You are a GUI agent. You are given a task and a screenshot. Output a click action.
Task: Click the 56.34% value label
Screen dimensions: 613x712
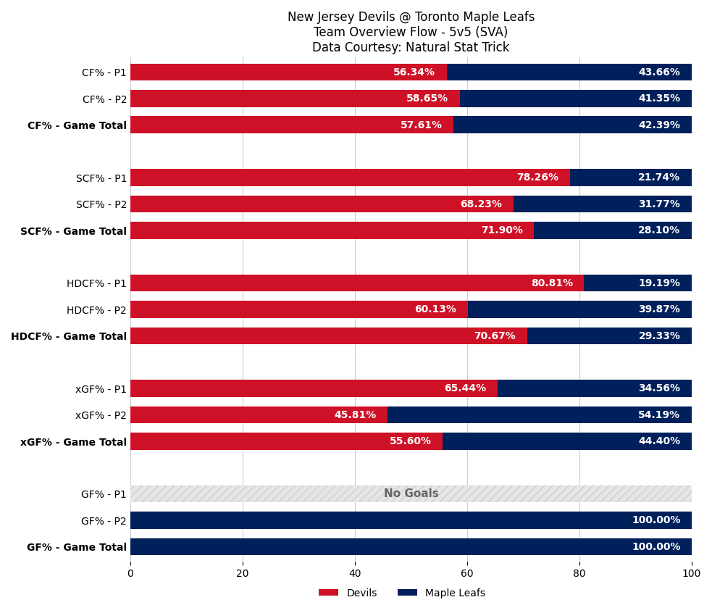(x=414, y=72)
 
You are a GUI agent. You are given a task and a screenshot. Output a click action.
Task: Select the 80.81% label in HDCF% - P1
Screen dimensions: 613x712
(x=552, y=283)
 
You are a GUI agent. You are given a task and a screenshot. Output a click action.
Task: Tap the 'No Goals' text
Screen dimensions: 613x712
(x=411, y=494)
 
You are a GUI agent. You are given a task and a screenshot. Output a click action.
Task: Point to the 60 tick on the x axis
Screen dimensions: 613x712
(x=467, y=574)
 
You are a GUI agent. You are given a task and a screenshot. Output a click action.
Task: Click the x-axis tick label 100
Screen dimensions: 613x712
(x=691, y=574)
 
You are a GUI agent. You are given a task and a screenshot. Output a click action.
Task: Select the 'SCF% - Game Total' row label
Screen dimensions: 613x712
(x=73, y=231)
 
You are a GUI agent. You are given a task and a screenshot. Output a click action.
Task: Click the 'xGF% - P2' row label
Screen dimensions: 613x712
(x=101, y=416)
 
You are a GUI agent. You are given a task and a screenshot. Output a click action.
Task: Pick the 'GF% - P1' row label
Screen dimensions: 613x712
(x=104, y=495)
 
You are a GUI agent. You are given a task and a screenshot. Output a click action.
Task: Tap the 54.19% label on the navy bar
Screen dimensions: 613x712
(x=658, y=415)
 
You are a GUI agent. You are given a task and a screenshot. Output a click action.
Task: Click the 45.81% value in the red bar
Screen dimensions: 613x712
(x=355, y=415)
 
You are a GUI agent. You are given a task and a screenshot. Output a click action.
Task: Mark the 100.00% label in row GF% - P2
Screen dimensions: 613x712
(x=656, y=520)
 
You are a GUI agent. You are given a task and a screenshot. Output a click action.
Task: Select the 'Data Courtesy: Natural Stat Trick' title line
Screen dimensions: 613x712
(x=411, y=48)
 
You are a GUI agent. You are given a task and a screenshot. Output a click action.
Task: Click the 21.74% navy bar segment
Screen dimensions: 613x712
(x=630, y=178)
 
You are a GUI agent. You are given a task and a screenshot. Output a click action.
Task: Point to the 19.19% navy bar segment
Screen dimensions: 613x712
(x=637, y=283)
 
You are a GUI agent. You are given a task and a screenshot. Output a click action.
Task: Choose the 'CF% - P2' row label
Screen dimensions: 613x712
(x=104, y=100)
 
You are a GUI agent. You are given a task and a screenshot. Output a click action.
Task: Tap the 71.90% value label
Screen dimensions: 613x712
(x=501, y=230)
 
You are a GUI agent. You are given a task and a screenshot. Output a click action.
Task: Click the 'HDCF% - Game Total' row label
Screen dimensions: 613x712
(x=69, y=337)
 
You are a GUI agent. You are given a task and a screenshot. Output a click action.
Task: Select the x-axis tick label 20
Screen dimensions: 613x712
(x=243, y=574)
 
